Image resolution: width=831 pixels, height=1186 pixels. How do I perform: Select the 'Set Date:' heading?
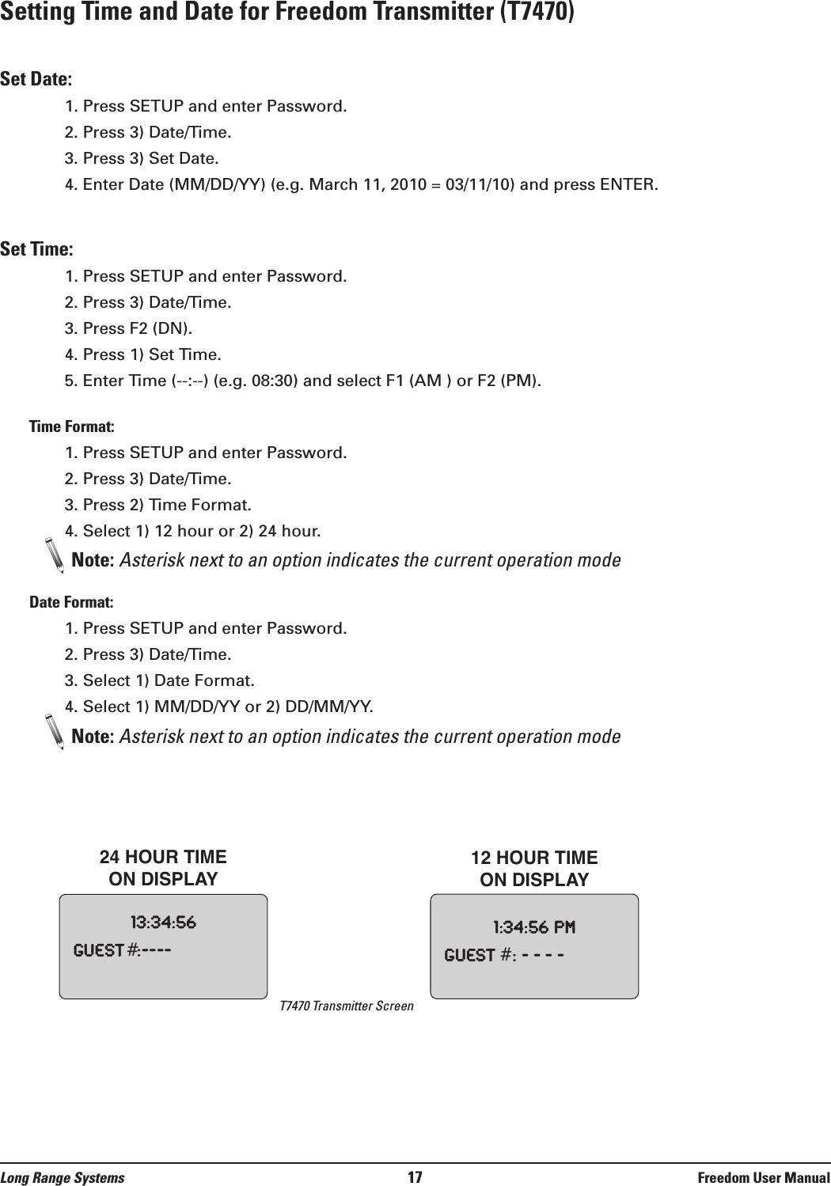point(36,79)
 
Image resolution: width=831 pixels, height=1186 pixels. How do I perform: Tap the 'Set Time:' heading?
point(36,249)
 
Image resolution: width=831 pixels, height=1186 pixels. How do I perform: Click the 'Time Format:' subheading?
point(71,426)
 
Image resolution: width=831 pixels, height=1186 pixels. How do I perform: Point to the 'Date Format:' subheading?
point(71,602)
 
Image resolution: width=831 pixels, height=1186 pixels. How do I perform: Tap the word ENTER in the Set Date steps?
point(627,185)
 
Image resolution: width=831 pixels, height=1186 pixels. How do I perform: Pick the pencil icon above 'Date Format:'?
point(54,555)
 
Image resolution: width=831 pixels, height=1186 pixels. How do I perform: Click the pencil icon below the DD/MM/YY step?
point(54,732)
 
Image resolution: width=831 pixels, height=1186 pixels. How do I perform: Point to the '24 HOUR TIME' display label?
point(163,858)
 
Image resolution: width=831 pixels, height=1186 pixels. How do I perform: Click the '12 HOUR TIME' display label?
point(534,858)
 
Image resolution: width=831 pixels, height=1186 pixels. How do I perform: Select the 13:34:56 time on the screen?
point(163,923)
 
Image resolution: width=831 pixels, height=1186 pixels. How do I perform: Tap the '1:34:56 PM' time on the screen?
point(534,927)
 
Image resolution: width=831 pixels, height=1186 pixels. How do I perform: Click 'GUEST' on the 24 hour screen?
point(98,950)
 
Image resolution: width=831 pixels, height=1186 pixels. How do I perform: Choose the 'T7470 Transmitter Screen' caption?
point(347,1006)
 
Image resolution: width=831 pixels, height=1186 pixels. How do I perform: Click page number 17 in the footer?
point(415,1177)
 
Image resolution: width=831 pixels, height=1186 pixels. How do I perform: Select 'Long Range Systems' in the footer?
point(63,1178)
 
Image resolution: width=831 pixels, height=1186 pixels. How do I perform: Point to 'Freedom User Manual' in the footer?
point(764,1178)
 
